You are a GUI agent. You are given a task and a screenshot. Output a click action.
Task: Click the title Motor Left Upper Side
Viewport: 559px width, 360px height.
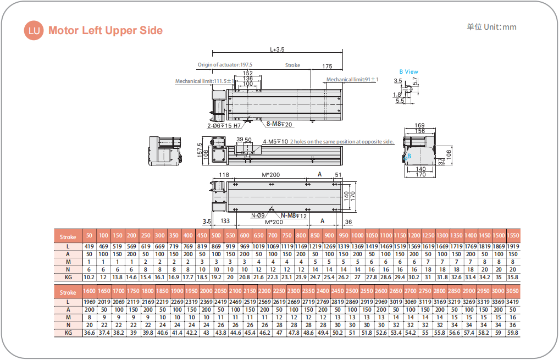pyautogui.click(x=106, y=30)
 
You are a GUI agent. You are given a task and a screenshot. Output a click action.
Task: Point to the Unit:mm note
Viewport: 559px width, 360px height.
pyautogui.click(x=491, y=27)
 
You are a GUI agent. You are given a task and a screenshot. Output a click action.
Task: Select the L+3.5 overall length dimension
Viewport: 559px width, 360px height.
pyautogui.click(x=277, y=49)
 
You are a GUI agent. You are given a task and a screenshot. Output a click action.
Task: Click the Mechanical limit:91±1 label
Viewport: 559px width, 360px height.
pyautogui.click(x=352, y=80)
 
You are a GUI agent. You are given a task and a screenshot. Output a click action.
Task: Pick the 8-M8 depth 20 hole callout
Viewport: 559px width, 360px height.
pyautogui.click(x=280, y=124)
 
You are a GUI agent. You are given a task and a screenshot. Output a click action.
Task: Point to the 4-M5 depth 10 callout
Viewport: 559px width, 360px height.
pyautogui.click(x=275, y=141)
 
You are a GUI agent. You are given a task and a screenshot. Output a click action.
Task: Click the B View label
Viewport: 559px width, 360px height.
pyautogui.click(x=408, y=71)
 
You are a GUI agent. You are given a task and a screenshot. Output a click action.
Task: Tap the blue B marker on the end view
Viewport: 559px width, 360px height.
pyautogui.click(x=408, y=156)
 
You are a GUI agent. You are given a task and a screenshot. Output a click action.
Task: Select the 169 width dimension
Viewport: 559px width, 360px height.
pyautogui.click(x=420, y=126)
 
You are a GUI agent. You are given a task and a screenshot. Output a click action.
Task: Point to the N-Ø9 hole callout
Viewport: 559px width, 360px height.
pyautogui.click(x=258, y=215)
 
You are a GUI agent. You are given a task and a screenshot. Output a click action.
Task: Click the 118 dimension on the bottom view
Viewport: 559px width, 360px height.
pyautogui.click(x=224, y=175)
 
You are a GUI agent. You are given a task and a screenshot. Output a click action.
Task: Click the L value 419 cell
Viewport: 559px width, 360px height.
pyautogui.click(x=89, y=246)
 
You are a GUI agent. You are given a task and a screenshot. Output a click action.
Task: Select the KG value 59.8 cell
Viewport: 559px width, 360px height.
pyautogui.click(x=512, y=333)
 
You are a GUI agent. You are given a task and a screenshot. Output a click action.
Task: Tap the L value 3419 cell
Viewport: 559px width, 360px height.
pyautogui.click(x=512, y=302)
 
